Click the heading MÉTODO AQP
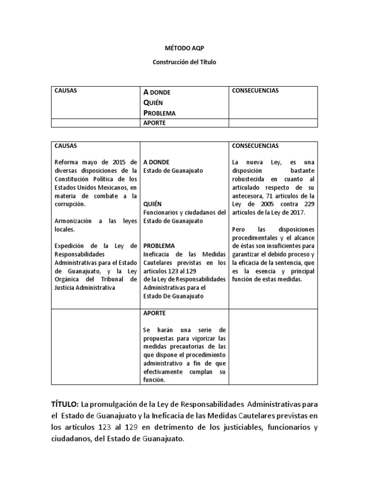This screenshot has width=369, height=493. click(184, 49)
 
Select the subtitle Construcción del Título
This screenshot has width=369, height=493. click(184, 63)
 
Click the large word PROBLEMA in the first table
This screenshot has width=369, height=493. click(160, 113)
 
